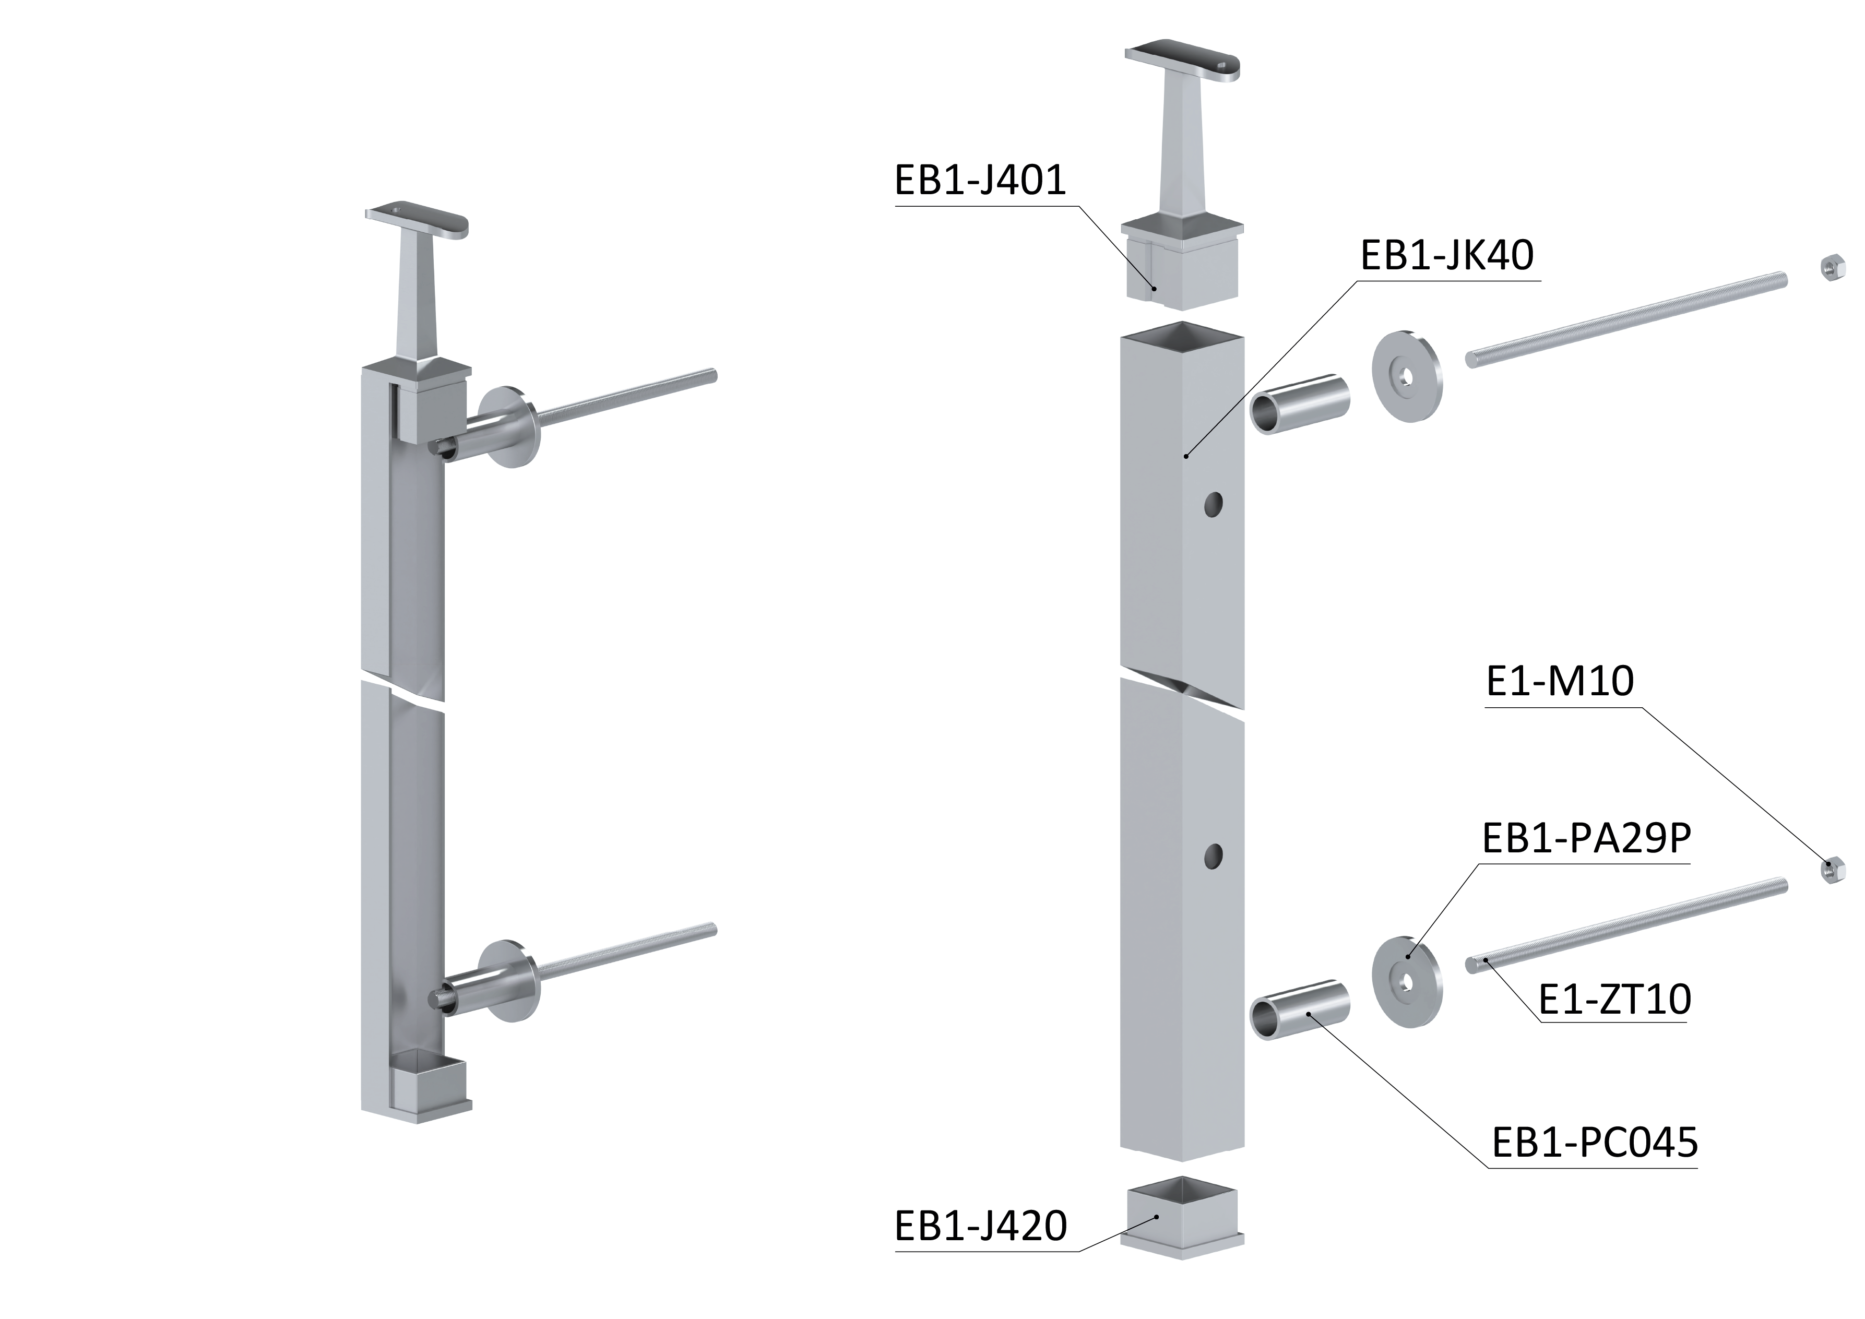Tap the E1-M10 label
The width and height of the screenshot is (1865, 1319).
[x=1560, y=681]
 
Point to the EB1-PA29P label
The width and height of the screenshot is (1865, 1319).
[x=1586, y=839]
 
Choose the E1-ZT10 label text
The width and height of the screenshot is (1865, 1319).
[x=1615, y=999]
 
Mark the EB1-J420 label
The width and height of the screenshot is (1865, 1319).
[x=980, y=1227]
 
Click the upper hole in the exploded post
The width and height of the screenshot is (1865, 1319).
[x=1214, y=505]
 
